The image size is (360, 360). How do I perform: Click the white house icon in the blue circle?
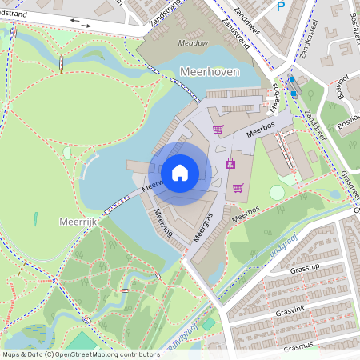point(180,172)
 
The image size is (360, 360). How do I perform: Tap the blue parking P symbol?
point(280,6)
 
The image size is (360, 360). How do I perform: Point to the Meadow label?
point(193,43)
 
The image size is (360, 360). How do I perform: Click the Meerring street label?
point(165,225)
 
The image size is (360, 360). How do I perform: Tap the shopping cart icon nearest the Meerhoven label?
point(218,129)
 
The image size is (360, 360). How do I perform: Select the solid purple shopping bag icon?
point(230,163)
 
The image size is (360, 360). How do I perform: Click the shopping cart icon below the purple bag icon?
point(238,188)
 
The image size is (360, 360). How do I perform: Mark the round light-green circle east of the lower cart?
point(276,192)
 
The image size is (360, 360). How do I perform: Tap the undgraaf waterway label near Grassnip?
point(267,238)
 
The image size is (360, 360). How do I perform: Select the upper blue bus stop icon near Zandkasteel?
point(291,79)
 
